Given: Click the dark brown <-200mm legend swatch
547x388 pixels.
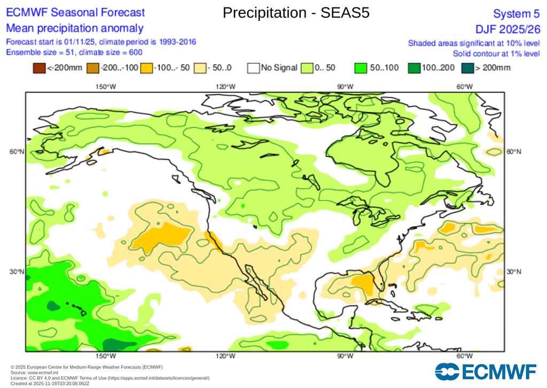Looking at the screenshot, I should [39, 68].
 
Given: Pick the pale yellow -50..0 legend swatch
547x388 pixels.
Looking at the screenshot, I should [200, 68].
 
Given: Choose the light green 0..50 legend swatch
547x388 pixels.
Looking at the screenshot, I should [307, 68].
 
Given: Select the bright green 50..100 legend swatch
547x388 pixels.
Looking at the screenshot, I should [361, 68].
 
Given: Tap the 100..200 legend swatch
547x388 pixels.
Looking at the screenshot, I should [414, 68].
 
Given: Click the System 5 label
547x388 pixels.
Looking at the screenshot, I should [517, 13].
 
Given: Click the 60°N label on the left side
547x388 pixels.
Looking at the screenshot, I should [17, 152].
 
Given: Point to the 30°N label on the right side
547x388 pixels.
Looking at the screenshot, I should [513, 272].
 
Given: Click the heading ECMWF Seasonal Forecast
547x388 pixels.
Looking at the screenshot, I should [75, 13].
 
